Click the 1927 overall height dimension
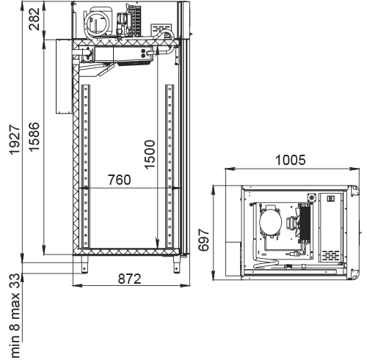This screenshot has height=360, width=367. [15, 139]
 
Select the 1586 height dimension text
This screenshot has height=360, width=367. [34, 136]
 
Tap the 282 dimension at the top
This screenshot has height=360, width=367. [34, 19]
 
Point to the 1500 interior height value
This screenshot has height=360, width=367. [150, 155]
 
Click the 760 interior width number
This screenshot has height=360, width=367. [120, 180]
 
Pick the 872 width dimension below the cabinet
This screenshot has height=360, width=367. [130, 279]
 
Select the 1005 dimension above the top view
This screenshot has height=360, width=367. [291, 161]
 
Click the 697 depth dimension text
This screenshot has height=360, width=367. [204, 240]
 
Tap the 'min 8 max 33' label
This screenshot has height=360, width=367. [15, 316]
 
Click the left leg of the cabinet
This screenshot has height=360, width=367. [84, 264]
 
